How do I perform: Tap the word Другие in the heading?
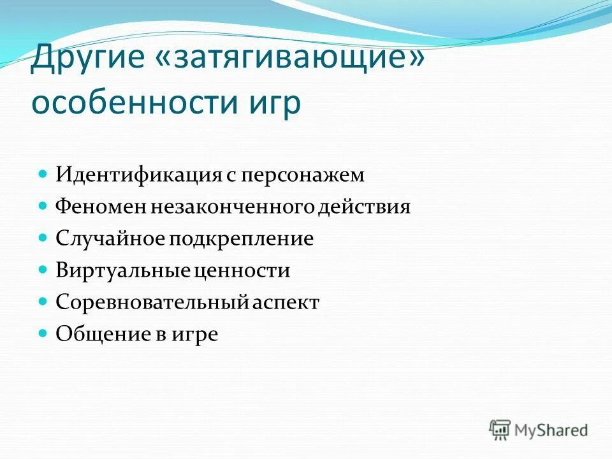click(87, 60)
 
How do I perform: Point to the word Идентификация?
click(138, 175)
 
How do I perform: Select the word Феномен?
click(100, 207)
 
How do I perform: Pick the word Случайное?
click(110, 238)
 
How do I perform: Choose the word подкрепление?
click(241, 238)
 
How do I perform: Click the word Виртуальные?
click(122, 270)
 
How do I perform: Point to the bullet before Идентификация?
click(43, 173)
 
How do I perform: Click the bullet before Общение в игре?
click(43, 333)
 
